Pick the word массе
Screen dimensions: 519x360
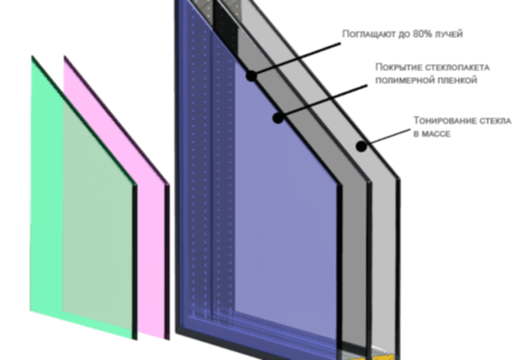(x=436, y=133)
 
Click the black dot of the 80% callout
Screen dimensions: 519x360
(x=251, y=76)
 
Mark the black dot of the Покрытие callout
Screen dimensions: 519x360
(x=278, y=117)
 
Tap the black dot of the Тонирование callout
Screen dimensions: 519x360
(x=361, y=146)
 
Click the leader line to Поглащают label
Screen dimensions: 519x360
(x=296, y=60)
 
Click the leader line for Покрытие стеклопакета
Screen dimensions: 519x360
(x=323, y=102)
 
